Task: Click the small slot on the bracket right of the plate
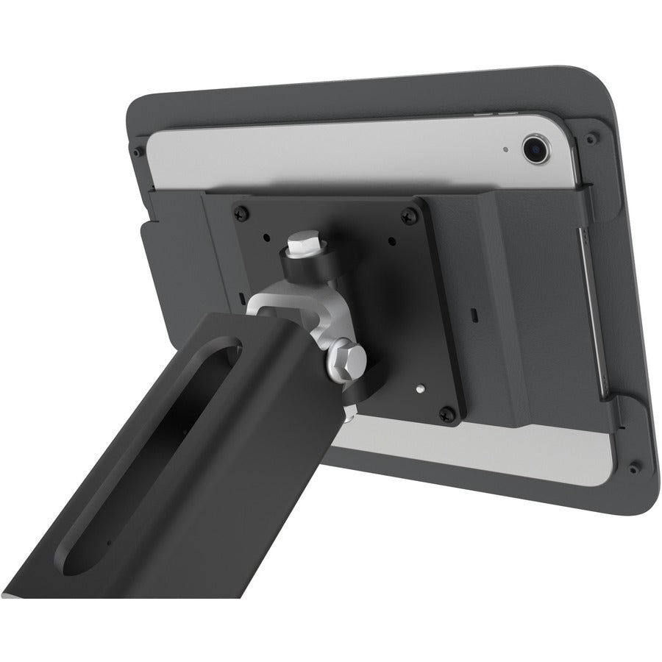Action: pyautogui.click(x=474, y=314)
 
